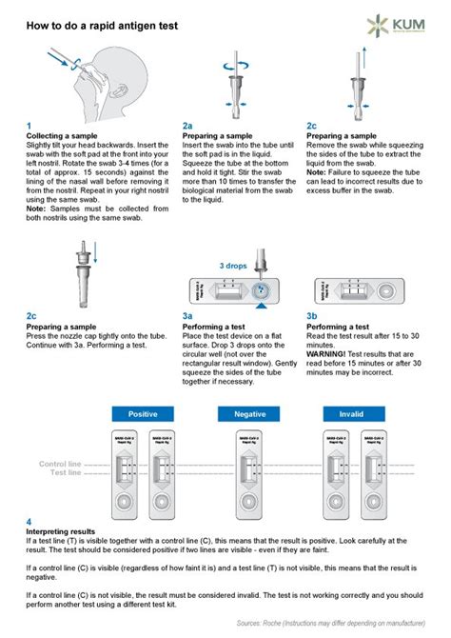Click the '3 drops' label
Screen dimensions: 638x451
(x=233, y=266)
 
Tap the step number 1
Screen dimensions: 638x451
(x=29, y=126)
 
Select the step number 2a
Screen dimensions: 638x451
(x=187, y=126)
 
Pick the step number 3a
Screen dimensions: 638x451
(x=187, y=315)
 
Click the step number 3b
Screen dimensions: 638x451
(x=312, y=315)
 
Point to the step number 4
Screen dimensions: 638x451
(x=29, y=522)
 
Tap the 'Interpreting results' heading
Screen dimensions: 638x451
(x=60, y=530)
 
